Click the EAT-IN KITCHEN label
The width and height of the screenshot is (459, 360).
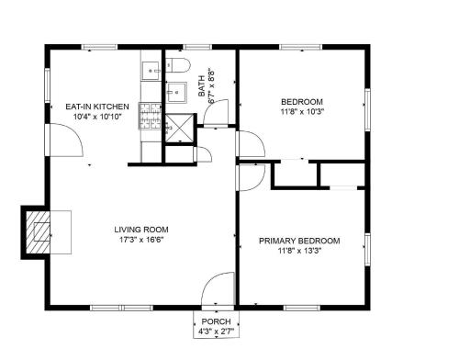pyautogui.click(x=97, y=107)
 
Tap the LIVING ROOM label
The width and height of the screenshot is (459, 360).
pyautogui.click(x=141, y=230)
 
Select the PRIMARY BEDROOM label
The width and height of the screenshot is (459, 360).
pyautogui.click(x=299, y=241)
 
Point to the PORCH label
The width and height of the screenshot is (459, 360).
pyautogui.click(x=216, y=321)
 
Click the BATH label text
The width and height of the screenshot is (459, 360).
pyautogui.click(x=202, y=86)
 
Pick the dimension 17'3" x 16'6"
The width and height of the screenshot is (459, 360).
pyautogui.click(x=141, y=240)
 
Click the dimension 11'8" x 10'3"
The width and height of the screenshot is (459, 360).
pyautogui.click(x=302, y=111)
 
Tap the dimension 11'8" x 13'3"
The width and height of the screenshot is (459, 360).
pyautogui.click(x=299, y=251)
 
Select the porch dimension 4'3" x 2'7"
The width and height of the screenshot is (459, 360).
pyautogui.click(x=216, y=332)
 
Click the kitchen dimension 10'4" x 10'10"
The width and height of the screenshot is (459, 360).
pyautogui.click(x=97, y=117)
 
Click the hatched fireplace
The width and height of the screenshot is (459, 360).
pyautogui.click(x=38, y=232)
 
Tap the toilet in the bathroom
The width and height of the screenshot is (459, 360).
pyautogui.click(x=178, y=64)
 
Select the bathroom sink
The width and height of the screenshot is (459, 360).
pyautogui.click(x=176, y=92)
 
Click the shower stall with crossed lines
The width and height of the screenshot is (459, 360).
pyautogui.click(x=180, y=128)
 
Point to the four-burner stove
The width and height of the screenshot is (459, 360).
pyautogui.click(x=151, y=116)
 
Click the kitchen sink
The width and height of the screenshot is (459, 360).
pyautogui.click(x=151, y=71)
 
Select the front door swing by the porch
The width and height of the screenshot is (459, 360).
pyautogui.click(x=218, y=288)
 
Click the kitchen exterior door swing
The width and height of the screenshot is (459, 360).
pyautogui.click(x=66, y=140)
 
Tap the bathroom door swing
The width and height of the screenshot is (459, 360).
pyautogui.click(x=216, y=112)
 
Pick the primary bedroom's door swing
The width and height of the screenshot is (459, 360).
pyautogui.click(x=252, y=178)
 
